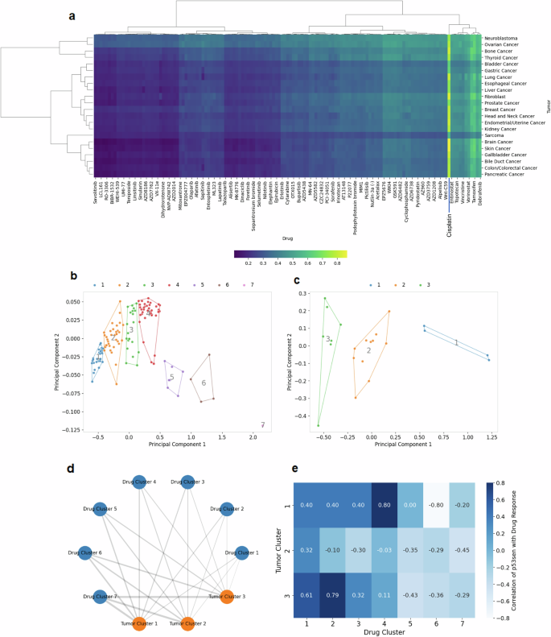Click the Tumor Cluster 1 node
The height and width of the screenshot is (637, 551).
click(138, 623)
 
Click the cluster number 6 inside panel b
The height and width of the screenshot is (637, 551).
click(204, 383)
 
